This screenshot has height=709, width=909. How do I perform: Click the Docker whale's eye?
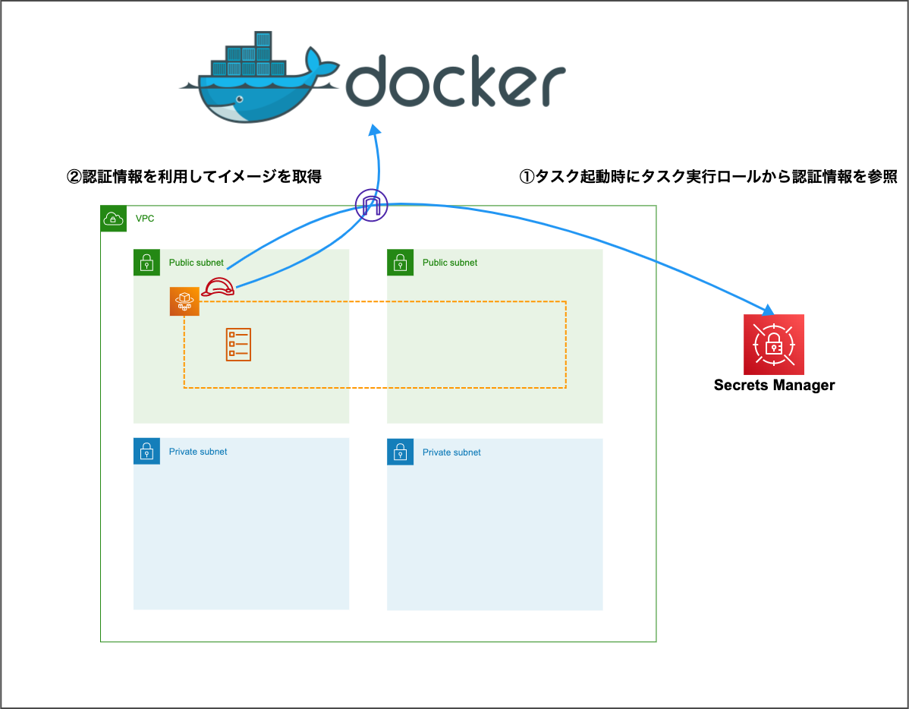tap(240, 99)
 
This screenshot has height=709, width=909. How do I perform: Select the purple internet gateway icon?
tap(371, 205)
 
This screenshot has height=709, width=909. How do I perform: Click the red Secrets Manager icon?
tap(773, 345)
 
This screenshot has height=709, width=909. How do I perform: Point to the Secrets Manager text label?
tap(774, 385)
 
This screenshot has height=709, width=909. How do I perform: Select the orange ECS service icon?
tap(184, 301)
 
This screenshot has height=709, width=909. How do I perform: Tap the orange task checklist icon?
tap(238, 345)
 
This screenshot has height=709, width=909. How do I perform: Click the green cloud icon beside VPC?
tap(113, 219)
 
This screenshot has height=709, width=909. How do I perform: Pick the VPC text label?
tap(145, 219)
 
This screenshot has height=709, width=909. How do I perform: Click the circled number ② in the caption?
tap(74, 177)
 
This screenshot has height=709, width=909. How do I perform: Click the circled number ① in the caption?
tap(527, 177)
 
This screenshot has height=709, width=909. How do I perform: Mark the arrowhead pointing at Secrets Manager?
tap(769, 309)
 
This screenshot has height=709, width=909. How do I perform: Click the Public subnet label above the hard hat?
tap(196, 263)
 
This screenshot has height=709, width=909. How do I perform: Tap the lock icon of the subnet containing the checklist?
tap(146, 263)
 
